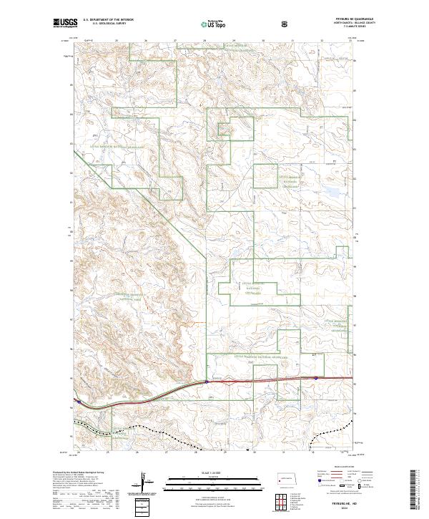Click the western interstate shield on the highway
[207, 382]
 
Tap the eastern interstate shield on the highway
[315, 378]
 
